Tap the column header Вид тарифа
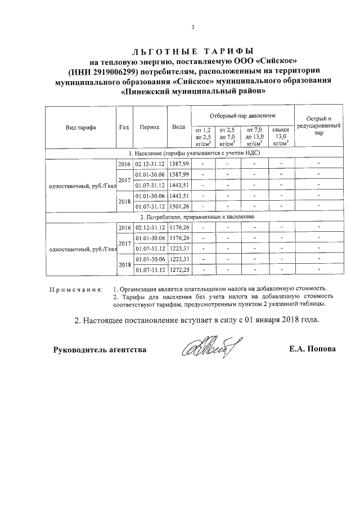click(80, 127)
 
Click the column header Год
click(124, 127)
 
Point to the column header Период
click(150, 127)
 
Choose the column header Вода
click(179, 127)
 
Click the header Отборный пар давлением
click(243, 115)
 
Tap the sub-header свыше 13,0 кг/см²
click(281, 137)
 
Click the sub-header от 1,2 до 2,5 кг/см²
click(202, 137)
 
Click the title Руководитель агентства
click(100, 349)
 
